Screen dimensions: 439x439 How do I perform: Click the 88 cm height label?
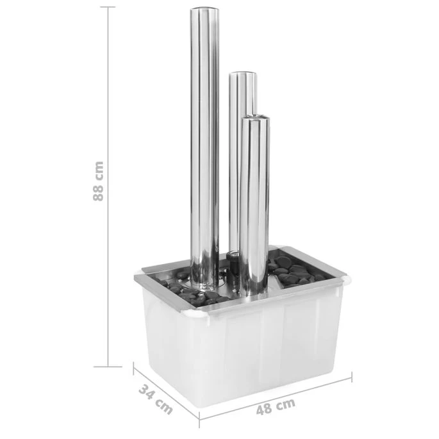(98, 181)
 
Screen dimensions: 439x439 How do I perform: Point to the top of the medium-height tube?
(244, 74)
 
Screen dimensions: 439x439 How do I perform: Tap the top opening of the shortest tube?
(255, 117)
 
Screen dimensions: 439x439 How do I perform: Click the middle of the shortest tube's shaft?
(255, 205)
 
